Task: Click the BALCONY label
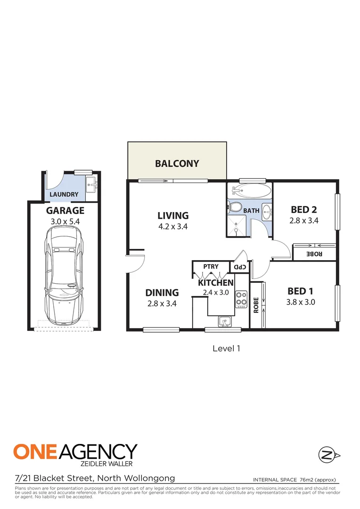177,164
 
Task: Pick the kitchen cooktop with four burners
242,298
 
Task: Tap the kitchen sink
224,321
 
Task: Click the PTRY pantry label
211,267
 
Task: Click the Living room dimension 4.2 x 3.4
173,227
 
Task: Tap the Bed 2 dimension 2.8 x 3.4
304,220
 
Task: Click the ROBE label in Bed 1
256,305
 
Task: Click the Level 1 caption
227,348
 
